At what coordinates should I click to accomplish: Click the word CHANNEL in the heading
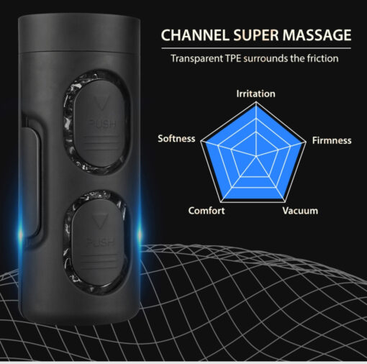tap(194, 35)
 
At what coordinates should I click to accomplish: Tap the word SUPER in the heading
tap(256, 35)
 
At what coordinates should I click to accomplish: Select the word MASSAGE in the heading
tap(317, 35)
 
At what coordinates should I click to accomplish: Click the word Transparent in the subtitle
tap(196, 58)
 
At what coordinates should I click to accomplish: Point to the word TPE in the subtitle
tap(233, 58)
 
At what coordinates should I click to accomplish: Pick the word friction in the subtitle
tap(323, 58)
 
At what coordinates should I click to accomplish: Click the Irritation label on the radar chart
tap(255, 94)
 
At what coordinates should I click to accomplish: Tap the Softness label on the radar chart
tap(176, 139)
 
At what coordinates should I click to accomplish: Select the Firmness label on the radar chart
tap(332, 140)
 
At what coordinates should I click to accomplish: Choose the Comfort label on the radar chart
tap(207, 211)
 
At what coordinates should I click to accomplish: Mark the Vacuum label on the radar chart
tap(300, 211)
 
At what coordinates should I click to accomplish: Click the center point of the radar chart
tap(256, 156)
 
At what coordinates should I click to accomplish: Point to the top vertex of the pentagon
tap(256, 102)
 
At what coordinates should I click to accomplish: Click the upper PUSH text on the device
tap(101, 124)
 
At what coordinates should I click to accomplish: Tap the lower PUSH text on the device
tap(100, 242)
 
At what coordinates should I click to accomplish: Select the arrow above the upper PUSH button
tap(101, 103)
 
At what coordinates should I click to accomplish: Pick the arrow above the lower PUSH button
tap(99, 220)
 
